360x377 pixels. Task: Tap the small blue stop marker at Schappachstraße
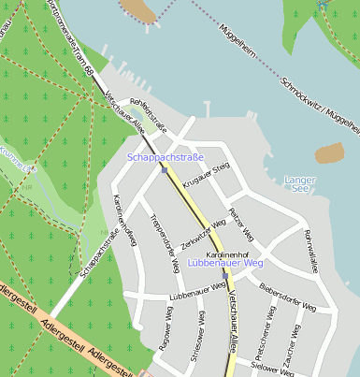pos(164,170)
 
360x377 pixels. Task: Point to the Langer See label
pos(299,183)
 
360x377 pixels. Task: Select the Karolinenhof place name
pos(226,254)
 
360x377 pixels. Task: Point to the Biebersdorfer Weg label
pos(288,297)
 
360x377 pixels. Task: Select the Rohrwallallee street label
pos(311,251)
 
